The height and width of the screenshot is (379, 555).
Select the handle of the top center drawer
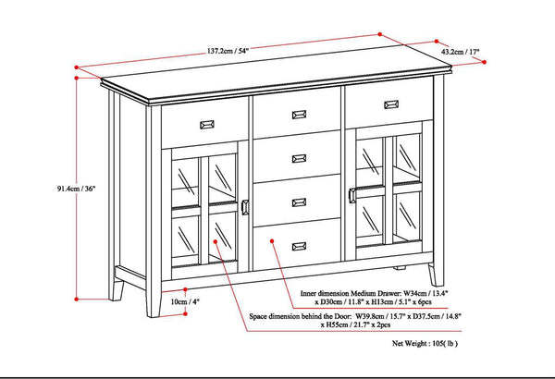click(x=298, y=116)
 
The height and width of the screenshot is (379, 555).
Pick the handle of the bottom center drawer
click(x=298, y=244)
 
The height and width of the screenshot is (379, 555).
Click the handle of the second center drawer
click(x=298, y=159)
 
